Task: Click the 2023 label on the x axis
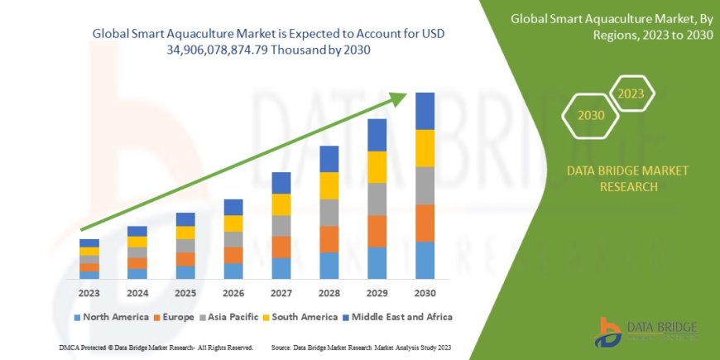pos(89,292)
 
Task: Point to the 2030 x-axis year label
pos(425,292)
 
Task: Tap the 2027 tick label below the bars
pos(281,292)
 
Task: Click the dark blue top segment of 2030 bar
pos(425,111)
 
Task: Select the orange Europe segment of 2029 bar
pos(377,231)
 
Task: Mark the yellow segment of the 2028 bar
pos(329,185)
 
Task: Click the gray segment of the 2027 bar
pos(281,225)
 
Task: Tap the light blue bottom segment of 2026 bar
pos(233,271)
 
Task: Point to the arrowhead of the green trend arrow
pos(400,99)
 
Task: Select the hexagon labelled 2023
pos(631,93)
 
